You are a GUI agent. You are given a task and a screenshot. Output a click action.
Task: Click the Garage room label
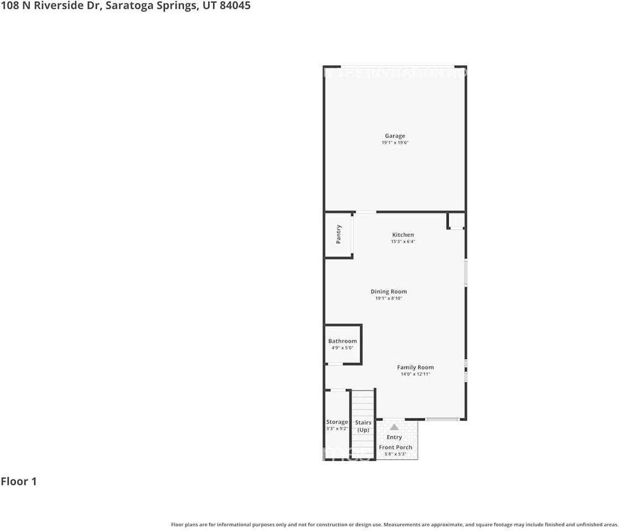[x=395, y=136]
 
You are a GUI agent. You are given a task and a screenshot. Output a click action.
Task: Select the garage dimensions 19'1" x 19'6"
[x=395, y=143]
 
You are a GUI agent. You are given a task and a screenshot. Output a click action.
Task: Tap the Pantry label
[x=339, y=234]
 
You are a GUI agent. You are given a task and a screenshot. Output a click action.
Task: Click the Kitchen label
[x=403, y=235]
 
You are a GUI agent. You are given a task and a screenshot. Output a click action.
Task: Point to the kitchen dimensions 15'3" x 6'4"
[x=403, y=242]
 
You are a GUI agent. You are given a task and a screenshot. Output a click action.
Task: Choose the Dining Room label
[x=388, y=291]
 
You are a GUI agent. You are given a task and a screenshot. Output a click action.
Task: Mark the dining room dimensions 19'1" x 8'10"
[x=388, y=299]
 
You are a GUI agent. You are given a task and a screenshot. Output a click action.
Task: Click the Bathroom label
[x=342, y=341]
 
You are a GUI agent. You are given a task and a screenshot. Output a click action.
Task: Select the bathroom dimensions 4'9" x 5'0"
[x=342, y=348]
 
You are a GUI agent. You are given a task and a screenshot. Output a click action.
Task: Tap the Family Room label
[x=415, y=367]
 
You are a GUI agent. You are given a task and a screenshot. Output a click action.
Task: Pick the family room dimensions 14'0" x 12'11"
[x=415, y=374]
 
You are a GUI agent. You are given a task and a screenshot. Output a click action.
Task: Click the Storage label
[x=337, y=422]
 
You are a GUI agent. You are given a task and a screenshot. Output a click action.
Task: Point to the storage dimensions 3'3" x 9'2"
[x=337, y=429]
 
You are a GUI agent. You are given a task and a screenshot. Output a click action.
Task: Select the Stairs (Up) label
[x=363, y=426]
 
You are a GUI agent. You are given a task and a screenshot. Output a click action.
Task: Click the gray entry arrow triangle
[x=394, y=427]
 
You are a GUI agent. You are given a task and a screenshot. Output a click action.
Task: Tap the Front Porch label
[x=396, y=447]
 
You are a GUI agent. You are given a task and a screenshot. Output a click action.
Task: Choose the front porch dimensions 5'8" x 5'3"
[x=396, y=454]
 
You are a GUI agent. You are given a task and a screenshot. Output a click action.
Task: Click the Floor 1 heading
[x=19, y=481]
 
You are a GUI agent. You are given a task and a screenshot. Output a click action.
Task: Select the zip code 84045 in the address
[x=235, y=6]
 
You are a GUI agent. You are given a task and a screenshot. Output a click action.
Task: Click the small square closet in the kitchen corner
[x=456, y=221]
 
